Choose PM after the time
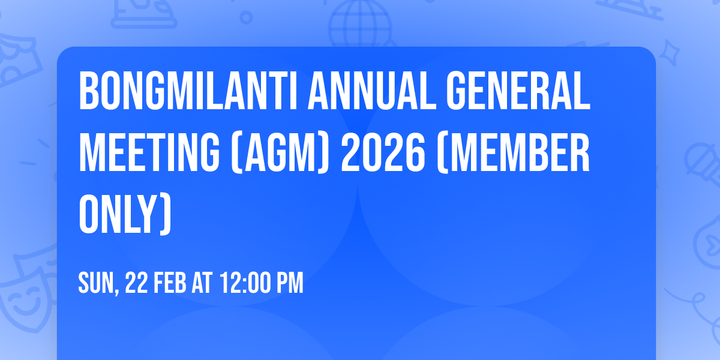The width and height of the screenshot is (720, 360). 289,283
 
